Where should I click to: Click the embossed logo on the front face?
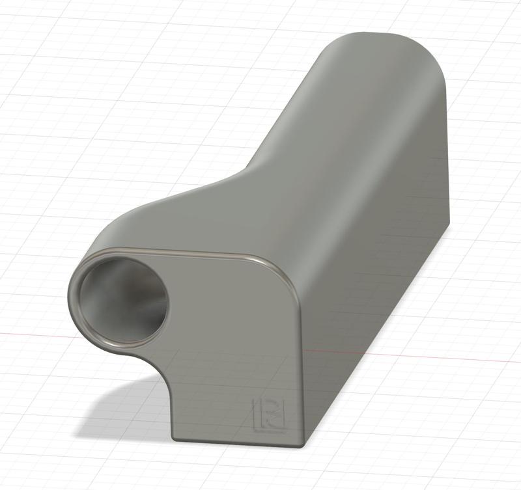point(266,413)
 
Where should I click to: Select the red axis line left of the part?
point(33,333)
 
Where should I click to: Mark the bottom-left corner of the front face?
point(174,435)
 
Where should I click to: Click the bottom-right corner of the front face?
point(300,444)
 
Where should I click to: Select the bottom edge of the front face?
point(234,443)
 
